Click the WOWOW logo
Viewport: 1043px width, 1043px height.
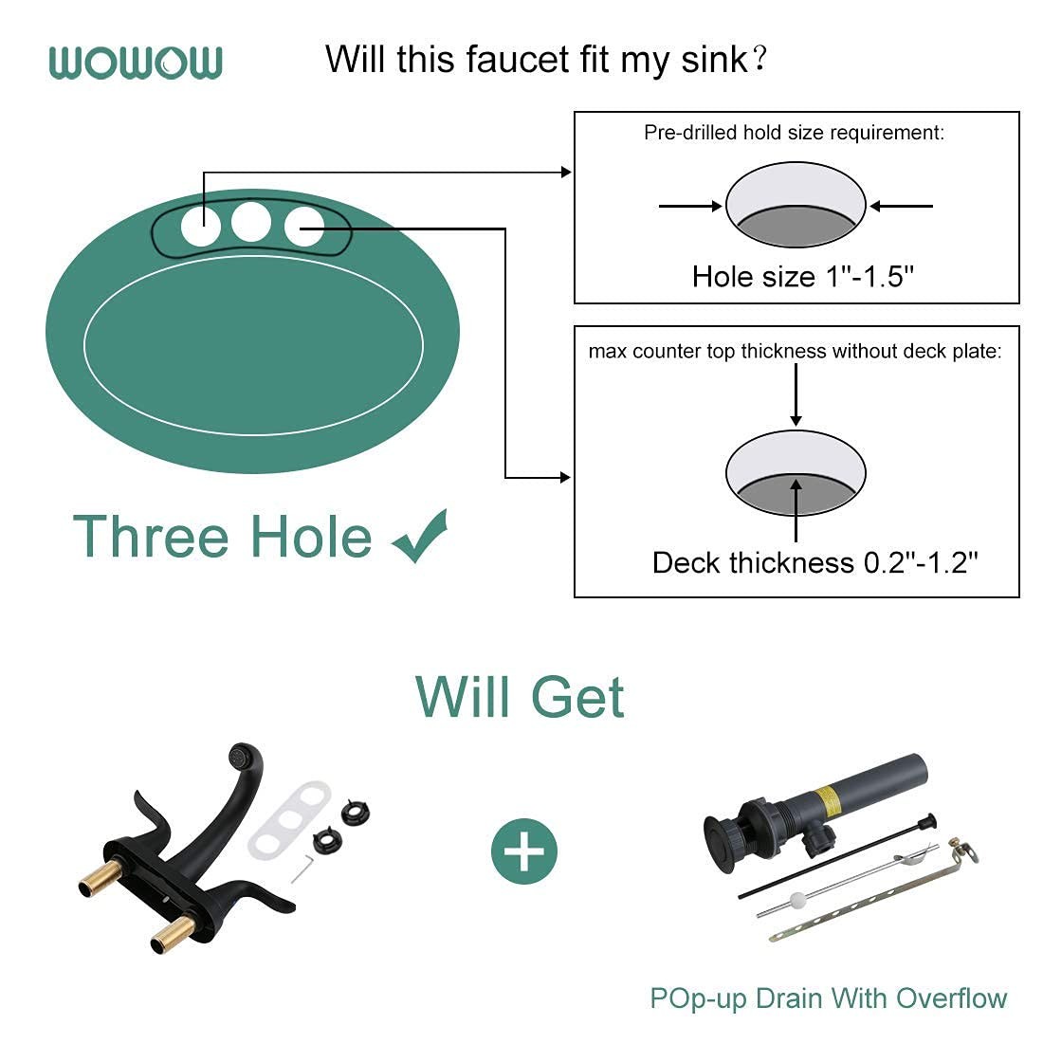click(136, 63)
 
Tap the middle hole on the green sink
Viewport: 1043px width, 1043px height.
click(250, 222)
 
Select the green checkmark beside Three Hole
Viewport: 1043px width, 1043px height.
click(420, 536)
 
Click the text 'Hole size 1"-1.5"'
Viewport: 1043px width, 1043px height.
click(803, 276)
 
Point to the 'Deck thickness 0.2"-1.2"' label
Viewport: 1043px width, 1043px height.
click(814, 562)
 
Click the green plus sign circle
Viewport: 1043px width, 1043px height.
click(524, 851)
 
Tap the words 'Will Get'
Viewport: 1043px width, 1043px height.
click(520, 697)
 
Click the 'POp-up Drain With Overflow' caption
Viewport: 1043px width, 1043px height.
click(828, 998)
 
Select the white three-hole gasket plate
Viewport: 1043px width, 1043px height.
click(289, 820)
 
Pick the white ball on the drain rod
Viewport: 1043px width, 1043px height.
click(796, 901)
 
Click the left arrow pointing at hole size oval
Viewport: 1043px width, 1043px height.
click(690, 206)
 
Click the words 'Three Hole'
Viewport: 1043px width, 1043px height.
click(222, 536)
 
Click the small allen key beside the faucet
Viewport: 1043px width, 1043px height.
click(302, 869)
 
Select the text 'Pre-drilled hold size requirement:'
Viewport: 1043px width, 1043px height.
click(794, 133)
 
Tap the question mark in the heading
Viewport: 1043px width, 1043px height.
click(759, 59)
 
